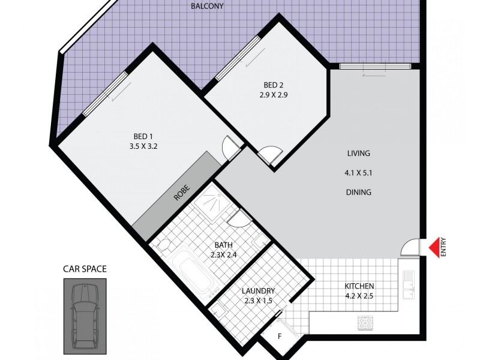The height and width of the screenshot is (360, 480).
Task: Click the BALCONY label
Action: pos(208,7)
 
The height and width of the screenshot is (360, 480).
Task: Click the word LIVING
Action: pos(358,153)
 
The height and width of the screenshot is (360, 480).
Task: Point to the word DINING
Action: pos(358,193)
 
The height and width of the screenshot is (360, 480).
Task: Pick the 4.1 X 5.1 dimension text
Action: pos(358,173)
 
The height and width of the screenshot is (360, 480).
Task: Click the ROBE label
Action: pos(181,192)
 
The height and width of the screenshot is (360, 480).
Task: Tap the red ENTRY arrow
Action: pos(433,247)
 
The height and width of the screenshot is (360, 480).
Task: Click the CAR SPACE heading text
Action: pos(85,269)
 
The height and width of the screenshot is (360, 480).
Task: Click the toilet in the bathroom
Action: pos(163,246)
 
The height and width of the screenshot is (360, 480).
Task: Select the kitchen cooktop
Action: pos(365,322)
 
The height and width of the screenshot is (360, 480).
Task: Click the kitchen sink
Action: pos(409,284)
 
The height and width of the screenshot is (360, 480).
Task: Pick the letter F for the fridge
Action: pos(280,337)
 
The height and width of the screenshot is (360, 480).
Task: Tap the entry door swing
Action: pos(412,247)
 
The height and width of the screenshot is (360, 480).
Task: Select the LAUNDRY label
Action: pos(259,290)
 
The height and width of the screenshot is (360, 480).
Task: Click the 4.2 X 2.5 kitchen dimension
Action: pos(360,296)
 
